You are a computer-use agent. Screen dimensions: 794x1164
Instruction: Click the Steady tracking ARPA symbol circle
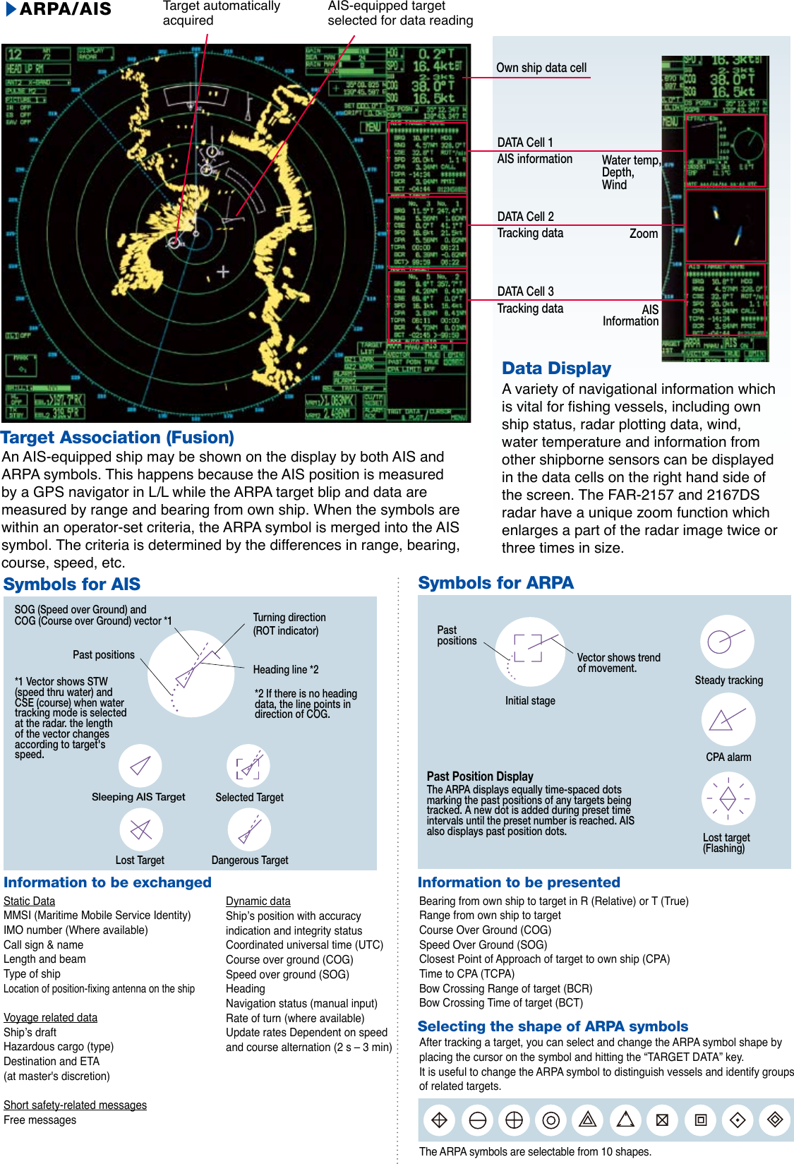[x=727, y=642]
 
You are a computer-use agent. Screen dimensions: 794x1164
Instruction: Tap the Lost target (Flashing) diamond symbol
[x=728, y=799]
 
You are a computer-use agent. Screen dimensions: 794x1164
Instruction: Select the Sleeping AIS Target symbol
[x=140, y=765]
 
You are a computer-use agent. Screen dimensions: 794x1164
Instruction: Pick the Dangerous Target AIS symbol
[x=249, y=829]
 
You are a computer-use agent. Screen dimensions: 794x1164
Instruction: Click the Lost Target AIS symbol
[x=141, y=829]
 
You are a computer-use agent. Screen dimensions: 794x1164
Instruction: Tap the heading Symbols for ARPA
[x=495, y=583]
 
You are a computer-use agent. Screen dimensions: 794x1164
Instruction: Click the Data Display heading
[x=556, y=368]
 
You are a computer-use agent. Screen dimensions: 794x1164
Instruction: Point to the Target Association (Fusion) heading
[x=117, y=438]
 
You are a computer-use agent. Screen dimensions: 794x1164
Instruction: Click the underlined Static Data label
[x=29, y=901]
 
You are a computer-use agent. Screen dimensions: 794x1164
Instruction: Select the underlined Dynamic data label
[x=258, y=901]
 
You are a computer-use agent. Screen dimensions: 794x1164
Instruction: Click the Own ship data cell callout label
[x=541, y=68]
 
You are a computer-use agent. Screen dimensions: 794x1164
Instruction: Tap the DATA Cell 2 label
[x=525, y=217]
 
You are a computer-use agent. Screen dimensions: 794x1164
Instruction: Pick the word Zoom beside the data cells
[x=643, y=234]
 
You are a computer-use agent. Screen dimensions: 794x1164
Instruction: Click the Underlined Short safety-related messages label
[x=75, y=1105]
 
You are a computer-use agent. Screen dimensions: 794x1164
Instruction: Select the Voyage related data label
[x=50, y=1017]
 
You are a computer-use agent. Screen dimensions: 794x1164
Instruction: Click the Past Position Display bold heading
[x=480, y=776]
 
